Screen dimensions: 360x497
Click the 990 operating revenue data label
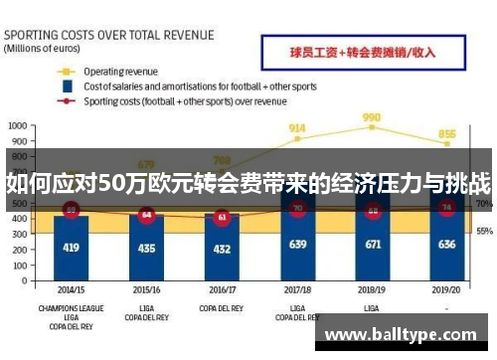[373, 117]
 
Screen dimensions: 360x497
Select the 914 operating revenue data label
[297, 128]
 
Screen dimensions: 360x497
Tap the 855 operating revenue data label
[447, 134]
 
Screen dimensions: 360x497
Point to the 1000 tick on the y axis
[17, 126]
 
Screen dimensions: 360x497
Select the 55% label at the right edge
[484, 231]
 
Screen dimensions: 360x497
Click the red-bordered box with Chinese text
[361, 51]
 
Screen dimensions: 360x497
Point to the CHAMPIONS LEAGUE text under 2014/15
[71, 307]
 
